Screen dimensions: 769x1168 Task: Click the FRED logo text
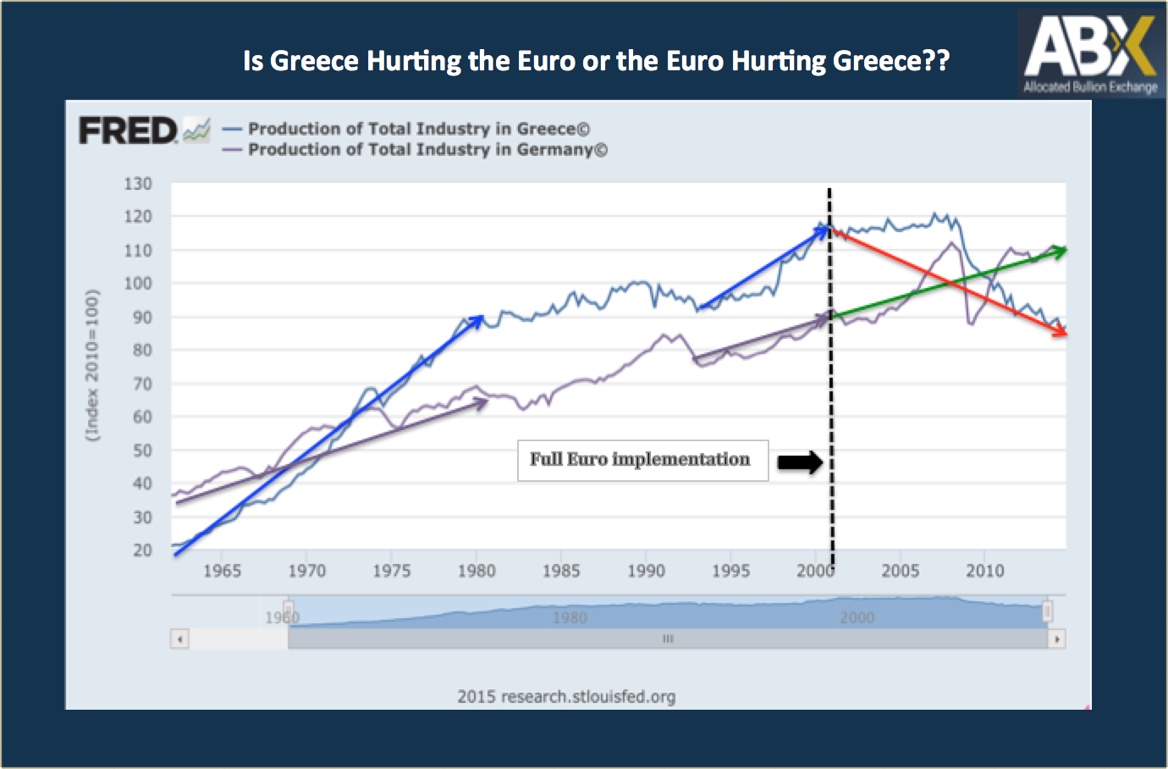click(x=128, y=131)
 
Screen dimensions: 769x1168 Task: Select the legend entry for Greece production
click(x=418, y=129)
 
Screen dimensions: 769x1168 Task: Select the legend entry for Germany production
click(x=427, y=150)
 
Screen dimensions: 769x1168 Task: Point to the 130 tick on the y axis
click(x=138, y=184)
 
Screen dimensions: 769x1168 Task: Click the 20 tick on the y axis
click(x=141, y=550)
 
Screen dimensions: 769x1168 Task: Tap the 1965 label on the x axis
click(x=222, y=571)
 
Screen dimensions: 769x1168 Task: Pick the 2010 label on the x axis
click(x=984, y=571)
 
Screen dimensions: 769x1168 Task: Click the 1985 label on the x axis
click(x=560, y=571)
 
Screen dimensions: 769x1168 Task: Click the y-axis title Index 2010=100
click(x=92, y=365)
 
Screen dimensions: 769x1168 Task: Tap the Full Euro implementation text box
click(x=642, y=460)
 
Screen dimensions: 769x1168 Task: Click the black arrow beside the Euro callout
click(x=800, y=462)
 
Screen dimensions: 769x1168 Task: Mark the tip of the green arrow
click(x=1064, y=249)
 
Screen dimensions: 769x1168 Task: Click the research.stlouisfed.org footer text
click(x=566, y=697)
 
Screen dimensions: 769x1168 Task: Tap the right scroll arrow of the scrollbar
click(x=1056, y=639)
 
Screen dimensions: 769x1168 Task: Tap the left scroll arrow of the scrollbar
click(x=179, y=639)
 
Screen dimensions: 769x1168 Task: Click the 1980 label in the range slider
click(x=570, y=617)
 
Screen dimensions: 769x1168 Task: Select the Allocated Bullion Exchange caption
click(x=1089, y=87)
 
